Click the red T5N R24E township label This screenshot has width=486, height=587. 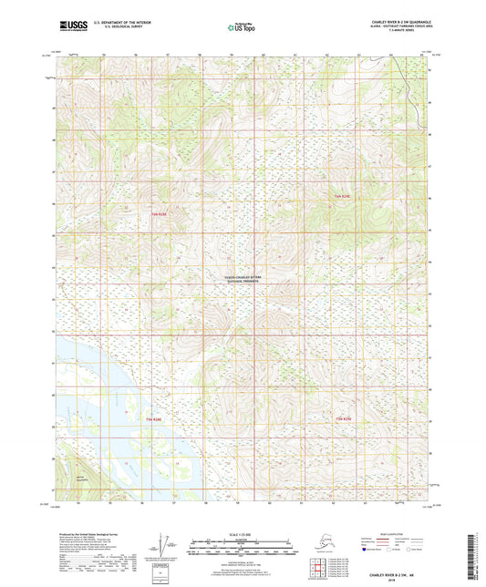(x=341, y=196)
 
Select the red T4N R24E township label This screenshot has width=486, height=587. (x=342, y=418)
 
